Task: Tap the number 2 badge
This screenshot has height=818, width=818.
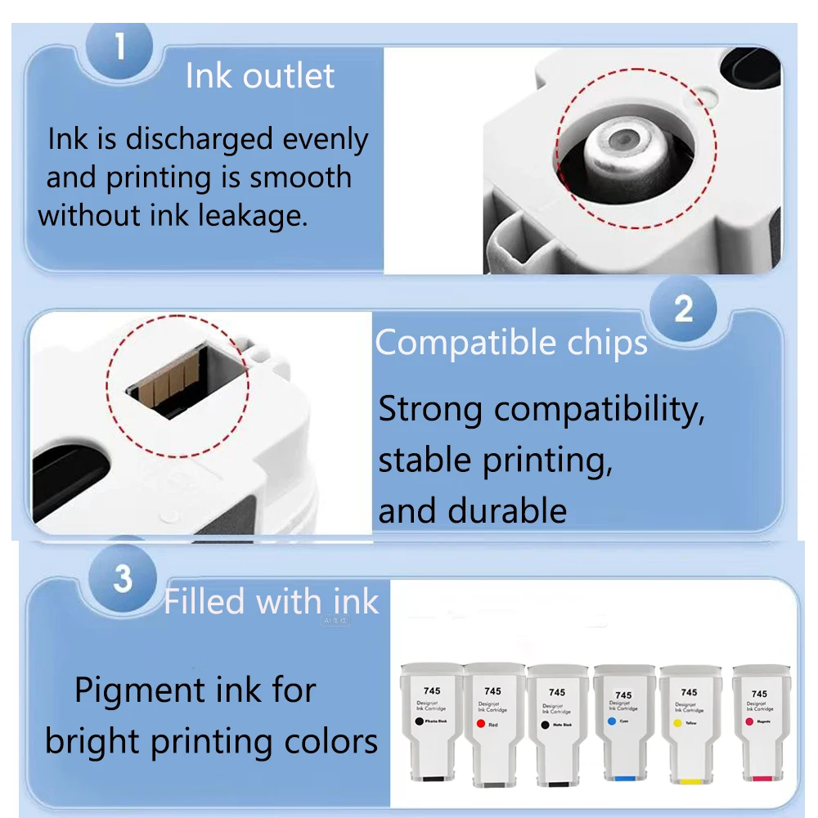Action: pyautogui.click(x=683, y=308)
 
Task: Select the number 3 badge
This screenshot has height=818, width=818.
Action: pyautogui.click(x=123, y=578)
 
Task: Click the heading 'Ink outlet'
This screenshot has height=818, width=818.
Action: pyautogui.click(x=260, y=76)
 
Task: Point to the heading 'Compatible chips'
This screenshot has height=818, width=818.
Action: pyautogui.click(x=511, y=343)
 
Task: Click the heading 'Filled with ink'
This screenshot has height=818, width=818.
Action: pyautogui.click(x=271, y=602)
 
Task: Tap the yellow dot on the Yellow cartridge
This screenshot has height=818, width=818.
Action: pyautogui.click(x=676, y=723)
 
